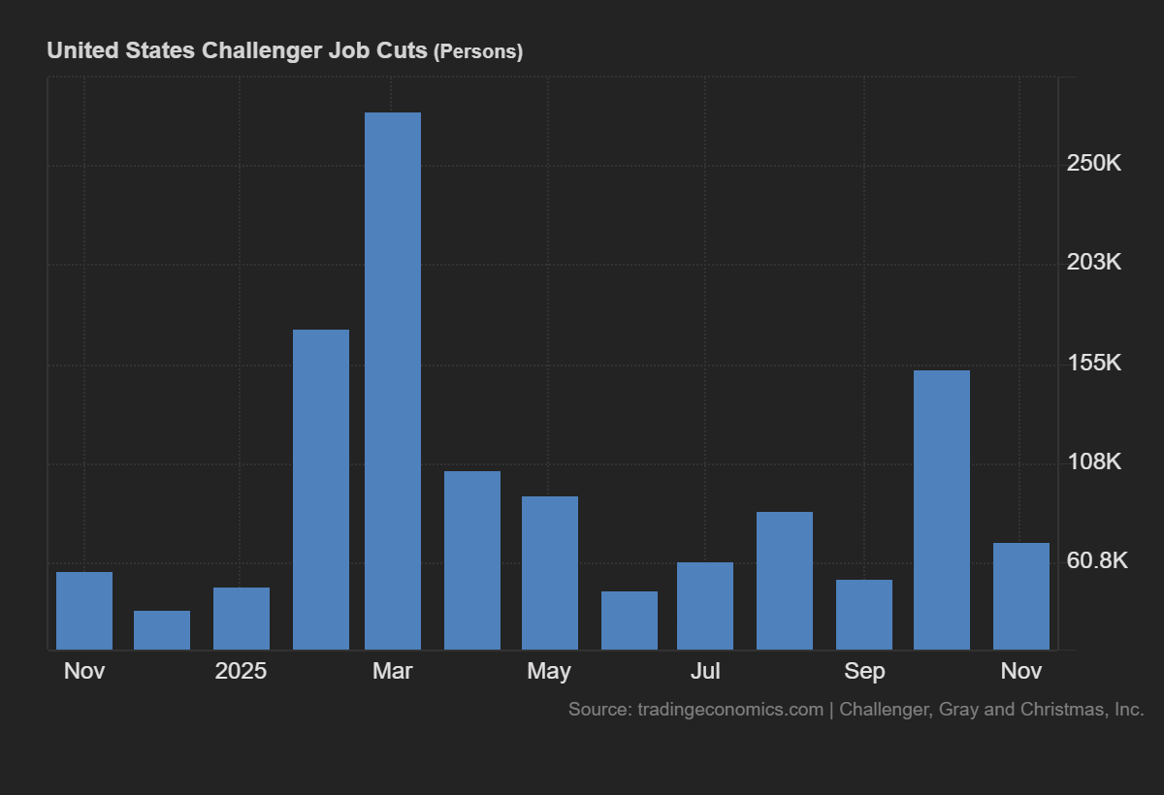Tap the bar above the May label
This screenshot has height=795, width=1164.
click(x=550, y=573)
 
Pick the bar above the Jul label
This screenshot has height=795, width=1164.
click(x=705, y=606)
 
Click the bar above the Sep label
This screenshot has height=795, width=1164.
click(x=864, y=615)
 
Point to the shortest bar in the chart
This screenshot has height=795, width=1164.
click(x=162, y=630)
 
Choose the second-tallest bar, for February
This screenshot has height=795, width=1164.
click(x=321, y=490)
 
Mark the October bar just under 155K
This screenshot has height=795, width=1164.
click(x=942, y=510)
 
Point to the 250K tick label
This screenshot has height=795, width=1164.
click(x=1093, y=163)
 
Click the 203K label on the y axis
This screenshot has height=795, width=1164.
click(x=1093, y=262)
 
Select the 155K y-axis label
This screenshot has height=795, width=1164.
click(x=1093, y=363)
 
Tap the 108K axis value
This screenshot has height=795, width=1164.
click(x=1093, y=461)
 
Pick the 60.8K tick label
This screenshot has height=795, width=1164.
click(x=1097, y=560)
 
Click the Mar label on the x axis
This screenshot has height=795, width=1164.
click(x=393, y=671)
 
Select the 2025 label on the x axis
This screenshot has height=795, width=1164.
click(x=241, y=671)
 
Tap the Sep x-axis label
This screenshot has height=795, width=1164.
click(x=864, y=671)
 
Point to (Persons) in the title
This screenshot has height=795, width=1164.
click(x=477, y=51)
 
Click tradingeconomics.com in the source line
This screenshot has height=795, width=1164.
click(x=729, y=710)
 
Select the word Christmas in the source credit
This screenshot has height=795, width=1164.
click(x=1064, y=710)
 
